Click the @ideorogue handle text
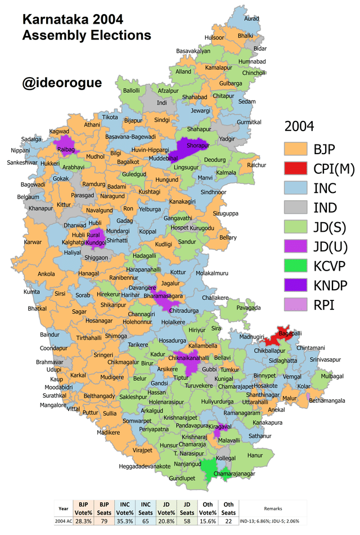62,83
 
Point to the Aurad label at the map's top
252,19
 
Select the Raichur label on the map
256,165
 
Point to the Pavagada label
249,308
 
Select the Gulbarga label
231,83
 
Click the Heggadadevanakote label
145,467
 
